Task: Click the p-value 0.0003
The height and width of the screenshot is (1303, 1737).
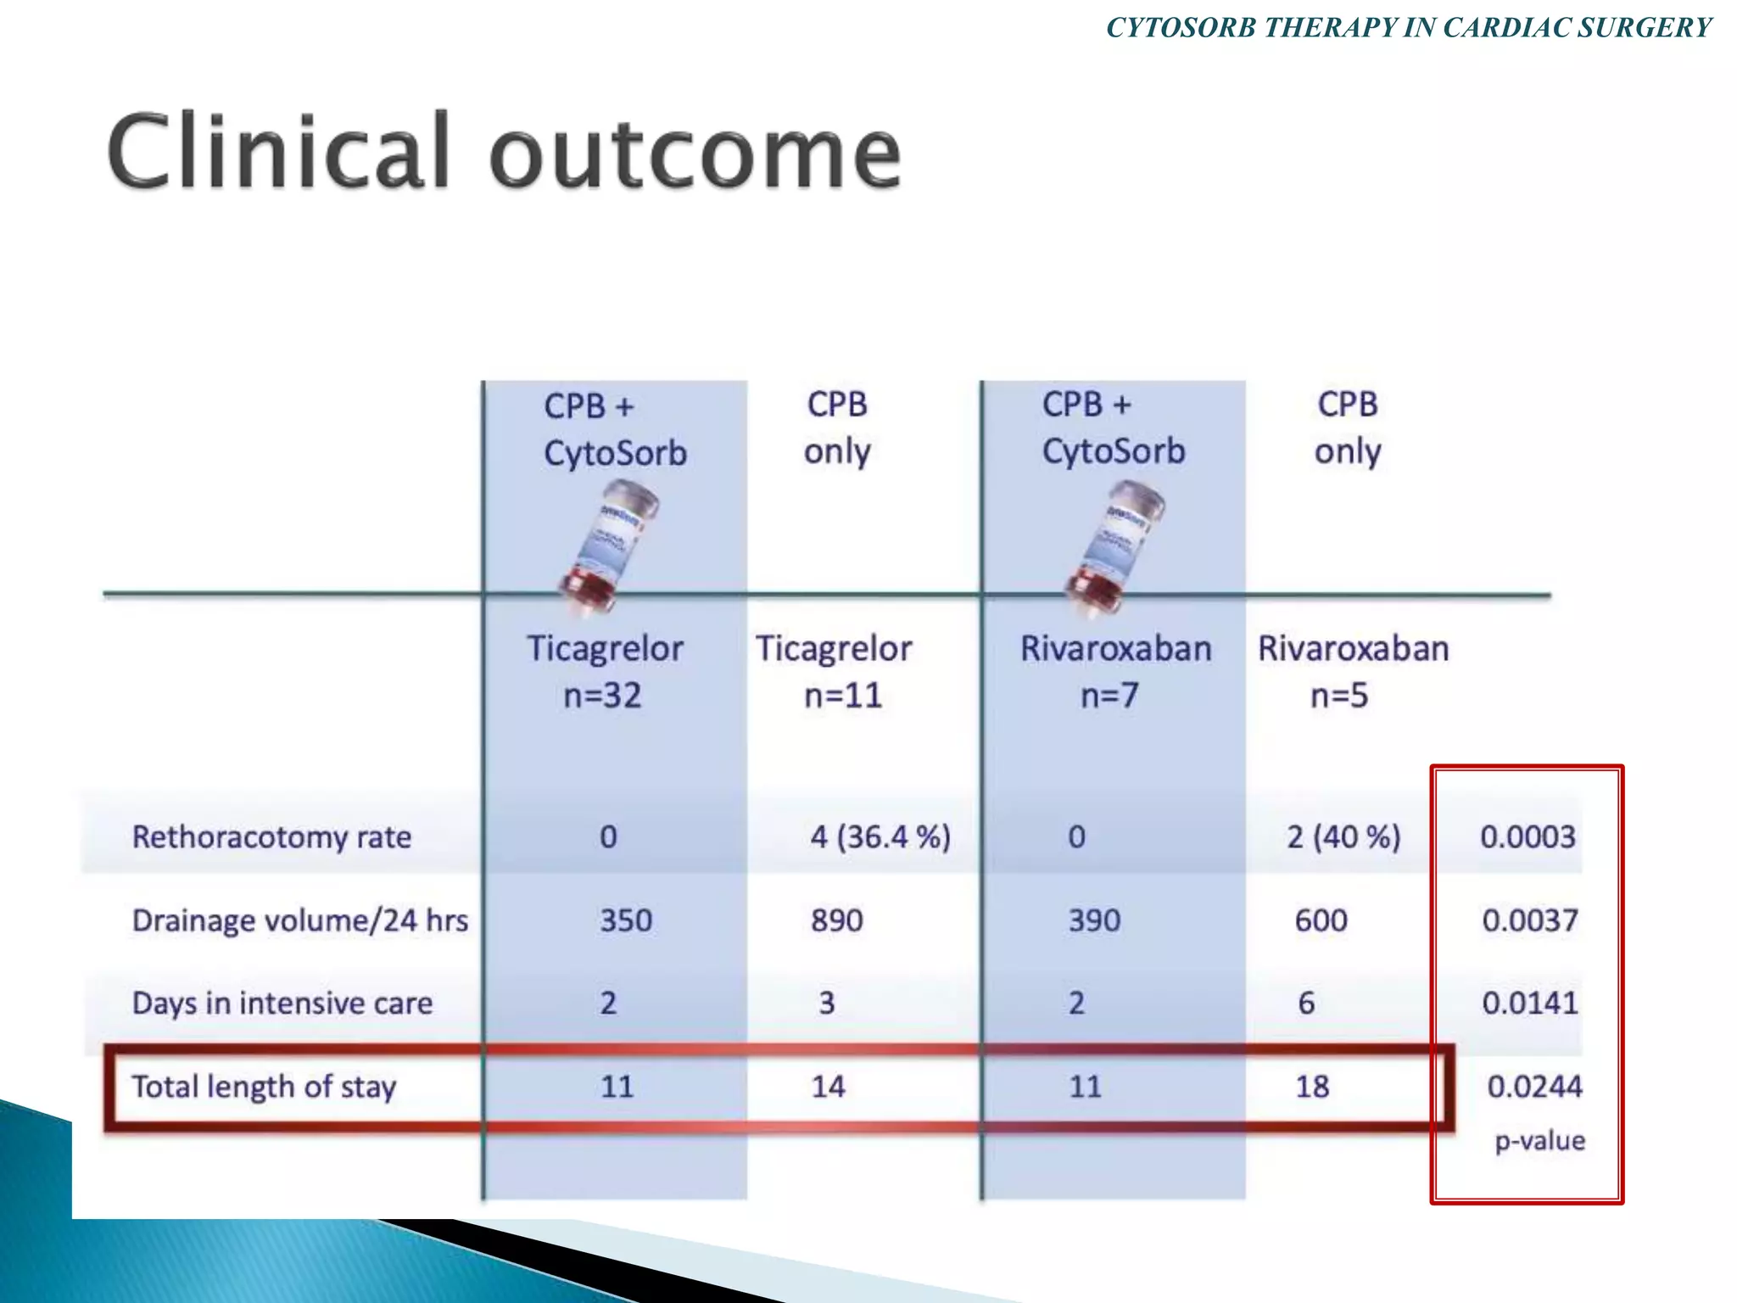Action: pos(1528,837)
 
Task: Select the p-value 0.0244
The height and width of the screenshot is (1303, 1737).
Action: pos(1534,1087)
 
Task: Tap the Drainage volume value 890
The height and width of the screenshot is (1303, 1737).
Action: pos(836,920)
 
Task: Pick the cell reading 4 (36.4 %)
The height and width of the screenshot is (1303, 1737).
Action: pos(880,837)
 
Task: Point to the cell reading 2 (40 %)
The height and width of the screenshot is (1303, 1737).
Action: pos(1343,837)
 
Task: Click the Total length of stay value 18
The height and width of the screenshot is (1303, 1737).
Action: pos(1311,1087)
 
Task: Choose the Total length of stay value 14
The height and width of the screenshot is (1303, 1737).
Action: pos(828,1087)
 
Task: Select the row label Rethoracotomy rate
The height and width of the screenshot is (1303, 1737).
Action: pos(271,837)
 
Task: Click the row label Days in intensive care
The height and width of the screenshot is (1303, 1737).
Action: pos(282,1004)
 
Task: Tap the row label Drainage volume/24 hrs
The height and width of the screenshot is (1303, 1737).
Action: pos(299,920)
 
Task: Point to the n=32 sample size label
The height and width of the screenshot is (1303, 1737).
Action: pos(602,696)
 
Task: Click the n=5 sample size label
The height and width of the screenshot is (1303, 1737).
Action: pos(1339,696)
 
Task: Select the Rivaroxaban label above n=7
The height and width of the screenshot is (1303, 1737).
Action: pos(1115,649)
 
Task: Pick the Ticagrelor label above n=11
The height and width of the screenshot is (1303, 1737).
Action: pos(834,649)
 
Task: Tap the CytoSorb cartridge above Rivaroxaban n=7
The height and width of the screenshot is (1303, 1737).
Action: pos(1113,543)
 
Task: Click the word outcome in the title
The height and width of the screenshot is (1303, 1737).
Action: pos(695,153)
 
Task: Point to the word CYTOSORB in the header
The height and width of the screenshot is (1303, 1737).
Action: pos(1181,28)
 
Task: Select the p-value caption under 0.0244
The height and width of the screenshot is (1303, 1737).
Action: pos(1539,1141)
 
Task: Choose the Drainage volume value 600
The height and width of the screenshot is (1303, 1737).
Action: pos(1321,920)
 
